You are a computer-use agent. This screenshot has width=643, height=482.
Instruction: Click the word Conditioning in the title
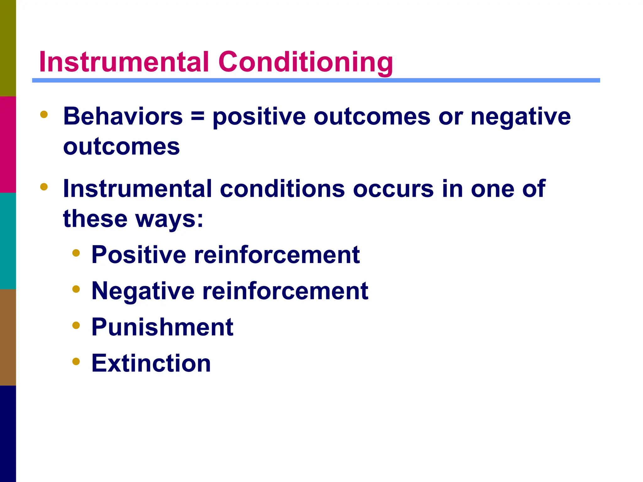coord(305,62)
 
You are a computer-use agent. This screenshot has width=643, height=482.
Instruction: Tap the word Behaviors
coord(123,116)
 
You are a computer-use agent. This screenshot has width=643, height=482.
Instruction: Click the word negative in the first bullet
coord(521,117)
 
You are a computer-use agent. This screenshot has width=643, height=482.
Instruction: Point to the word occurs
coord(393,189)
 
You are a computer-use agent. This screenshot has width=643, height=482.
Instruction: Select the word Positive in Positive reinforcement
coord(139,254)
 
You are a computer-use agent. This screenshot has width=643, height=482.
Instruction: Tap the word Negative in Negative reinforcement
coord(143,291)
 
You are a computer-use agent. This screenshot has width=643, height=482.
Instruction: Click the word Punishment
coord(162,327)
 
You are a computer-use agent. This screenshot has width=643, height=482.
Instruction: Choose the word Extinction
coord(151,363)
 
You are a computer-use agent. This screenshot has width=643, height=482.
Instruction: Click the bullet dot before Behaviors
coord(44,115)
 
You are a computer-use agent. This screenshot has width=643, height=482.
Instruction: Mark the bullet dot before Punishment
coord(76,325)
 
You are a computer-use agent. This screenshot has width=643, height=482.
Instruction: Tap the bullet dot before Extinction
coord(76,361)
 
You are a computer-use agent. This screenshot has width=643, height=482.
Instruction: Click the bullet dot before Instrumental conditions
coord(44,187)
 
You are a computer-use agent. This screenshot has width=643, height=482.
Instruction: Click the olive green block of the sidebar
coord(8,48)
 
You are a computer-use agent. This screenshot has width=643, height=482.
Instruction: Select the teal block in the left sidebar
coord(8,241)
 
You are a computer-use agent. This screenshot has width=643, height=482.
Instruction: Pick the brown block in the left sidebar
coord(8,337)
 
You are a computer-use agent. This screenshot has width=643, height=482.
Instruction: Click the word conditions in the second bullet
coord(282,189)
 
